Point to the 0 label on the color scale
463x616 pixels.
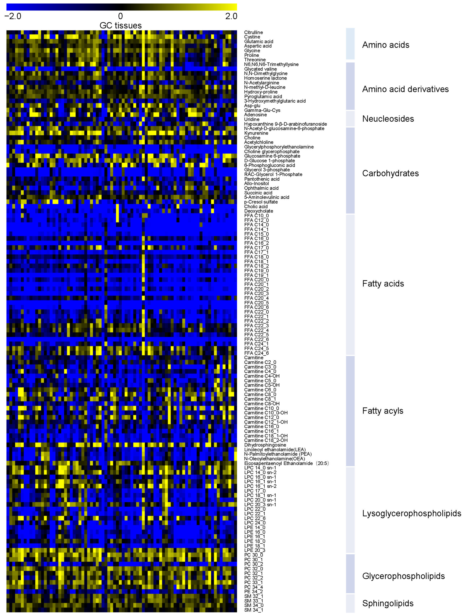(x=120, y=16)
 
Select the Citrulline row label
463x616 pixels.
(x=253, y=32)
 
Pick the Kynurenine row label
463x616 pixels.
(x=256, y=133)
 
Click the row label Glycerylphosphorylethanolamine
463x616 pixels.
(x=279, y=147)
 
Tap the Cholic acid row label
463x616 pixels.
(x=256, y=206)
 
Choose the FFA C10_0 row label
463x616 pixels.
(x=256, y=216)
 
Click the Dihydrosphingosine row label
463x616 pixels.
(x=265, y=445)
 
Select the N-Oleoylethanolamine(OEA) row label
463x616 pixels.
(x=274, y=458)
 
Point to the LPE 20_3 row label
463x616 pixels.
(x=255, y=550)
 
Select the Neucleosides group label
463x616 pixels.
(x=388, y=119)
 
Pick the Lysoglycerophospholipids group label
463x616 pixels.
(x=411, y=513)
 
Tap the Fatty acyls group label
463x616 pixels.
(x=383, y=411)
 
